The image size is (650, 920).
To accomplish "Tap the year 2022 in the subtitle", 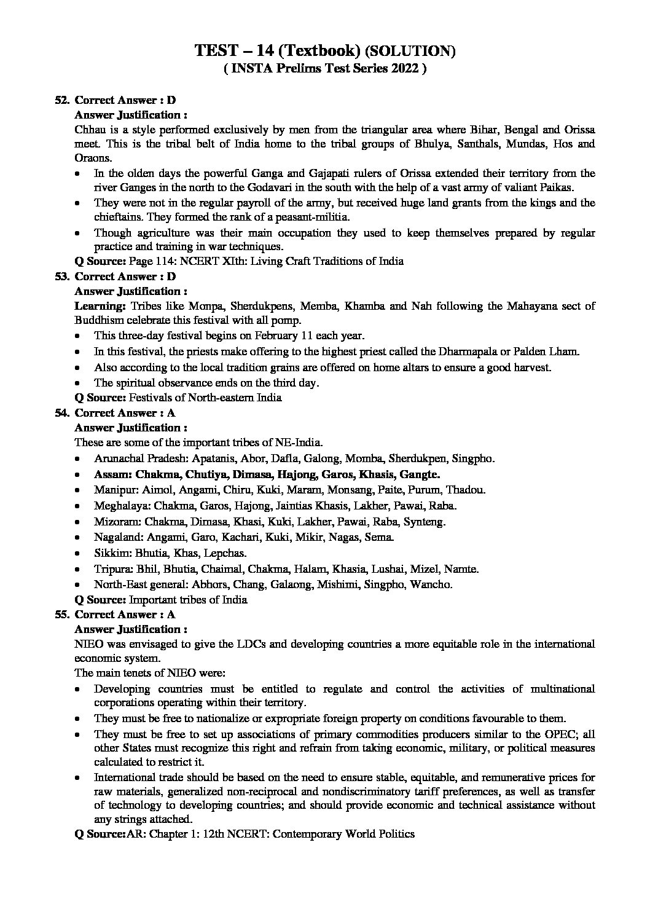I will [x=403, y=69].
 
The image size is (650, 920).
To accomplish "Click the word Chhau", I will [x=89, y=130].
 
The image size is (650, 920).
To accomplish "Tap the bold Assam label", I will [x=113, y=474].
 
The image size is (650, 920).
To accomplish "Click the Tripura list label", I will [x=112, y=568].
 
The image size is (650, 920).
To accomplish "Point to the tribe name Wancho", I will [x=431, y=584].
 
